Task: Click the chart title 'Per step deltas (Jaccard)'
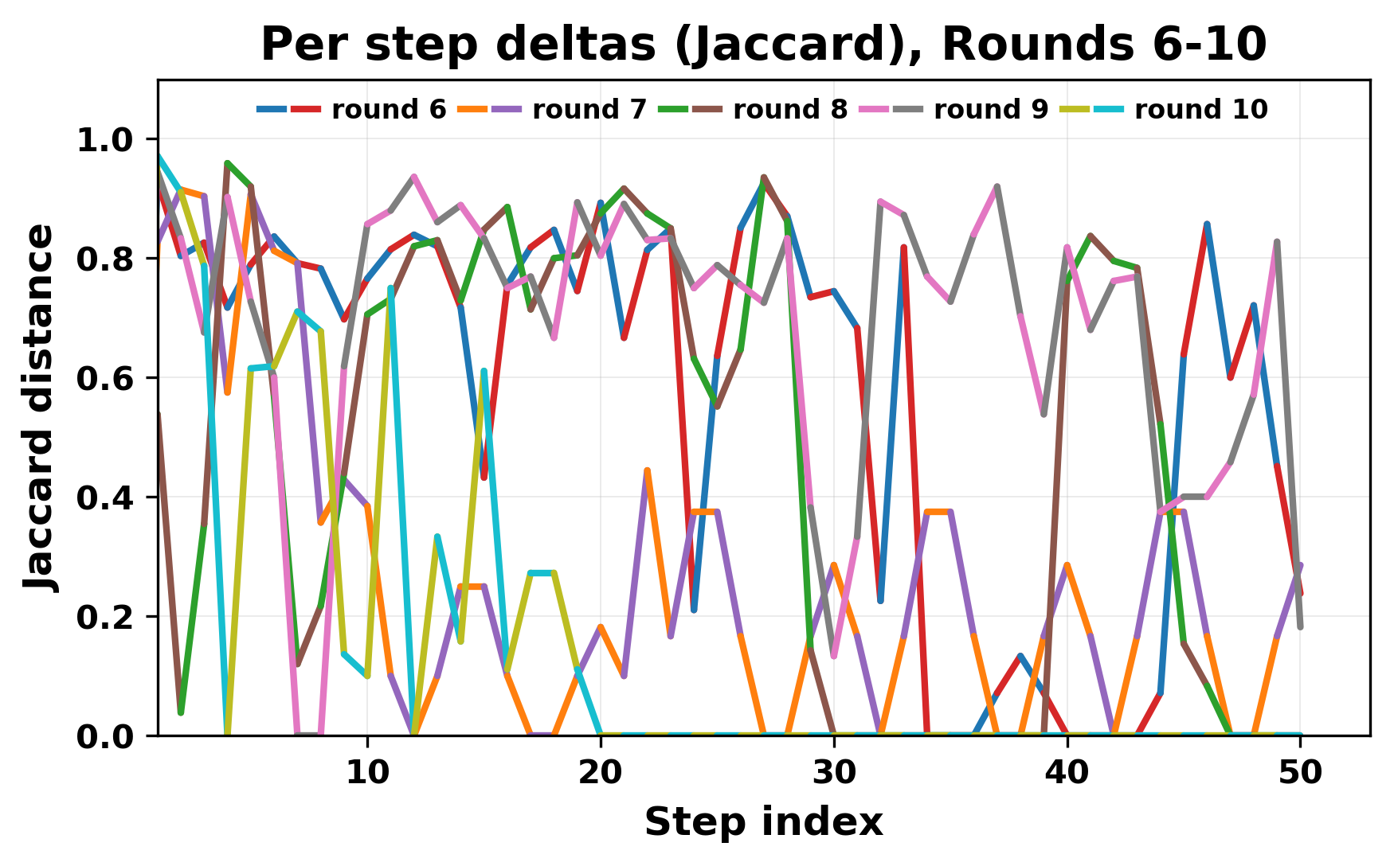pyautogui.click(x=763, y=45)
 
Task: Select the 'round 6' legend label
pyautogui.click(x=389, y=110)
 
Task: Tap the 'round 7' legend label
pyautogui.click(x=589, y=110)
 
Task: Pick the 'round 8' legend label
pyautogui.click(x=790, y=110)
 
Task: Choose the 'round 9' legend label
pyautogui.click(x=991, y=110)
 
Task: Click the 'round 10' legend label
pyautogui.click(x=1200, y=110)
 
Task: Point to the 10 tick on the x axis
pyautogui.click(x=367, y=772)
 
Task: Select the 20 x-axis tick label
pyautogui.click(x=601, y=772)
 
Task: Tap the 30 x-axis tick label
pyautogui.click(x=834, y=772)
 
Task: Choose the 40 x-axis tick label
pyautogui.click(x=1067, y=772)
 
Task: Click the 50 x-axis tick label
pyautogui.click(x=1300, y=772)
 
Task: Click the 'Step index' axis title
pyautogui.click(x=763, y=822)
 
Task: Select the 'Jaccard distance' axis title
pyautogui.click(x=40, y=408)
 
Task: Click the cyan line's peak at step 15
pyautogui.click(x=484, y=371)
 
